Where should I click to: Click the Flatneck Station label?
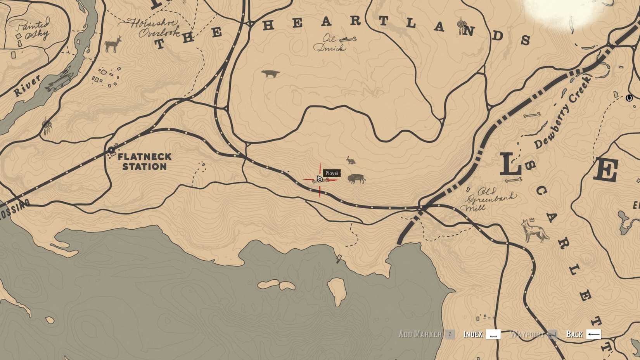point(144,162)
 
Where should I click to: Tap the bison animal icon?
point(356,178)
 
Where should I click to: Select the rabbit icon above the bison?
point(351,160)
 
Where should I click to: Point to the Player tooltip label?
point(332,173)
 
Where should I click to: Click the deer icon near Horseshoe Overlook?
point(113,45)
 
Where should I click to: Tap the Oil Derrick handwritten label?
point(330,43)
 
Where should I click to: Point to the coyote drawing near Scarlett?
point(534,230)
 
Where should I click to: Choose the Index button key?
point(493,334)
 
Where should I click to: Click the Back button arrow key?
point(593,334)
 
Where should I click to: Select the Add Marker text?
point(420,334)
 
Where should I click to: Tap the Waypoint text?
point(527,334)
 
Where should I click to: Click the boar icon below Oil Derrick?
point(270,73)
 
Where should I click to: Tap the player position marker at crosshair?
point(320,179)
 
